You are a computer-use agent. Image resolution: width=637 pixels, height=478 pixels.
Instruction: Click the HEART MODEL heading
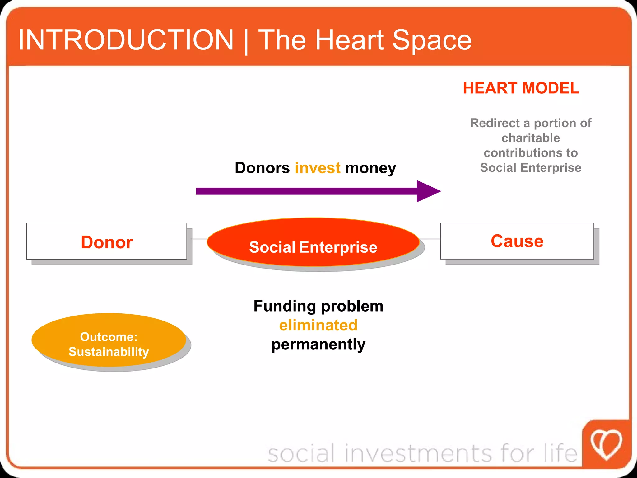tap(521, 88)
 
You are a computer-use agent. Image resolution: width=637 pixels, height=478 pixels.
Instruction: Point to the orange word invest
tap(318, 168)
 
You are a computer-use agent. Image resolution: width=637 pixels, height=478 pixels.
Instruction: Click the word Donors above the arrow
tap(262, 168)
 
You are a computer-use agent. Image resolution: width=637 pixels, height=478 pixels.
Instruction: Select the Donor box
tap(107, 241)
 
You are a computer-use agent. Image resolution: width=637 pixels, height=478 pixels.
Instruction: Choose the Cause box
tap(517, 241)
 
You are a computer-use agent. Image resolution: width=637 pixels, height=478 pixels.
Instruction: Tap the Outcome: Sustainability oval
tap(109, 340)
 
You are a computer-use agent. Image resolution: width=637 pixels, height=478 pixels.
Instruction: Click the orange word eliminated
tap(318, 325)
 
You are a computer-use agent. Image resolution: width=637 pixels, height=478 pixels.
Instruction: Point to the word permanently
tap(318, 345)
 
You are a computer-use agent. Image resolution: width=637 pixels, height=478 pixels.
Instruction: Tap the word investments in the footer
tap(418, 453)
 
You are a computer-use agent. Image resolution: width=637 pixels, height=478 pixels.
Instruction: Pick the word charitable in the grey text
tap(531, 138)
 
